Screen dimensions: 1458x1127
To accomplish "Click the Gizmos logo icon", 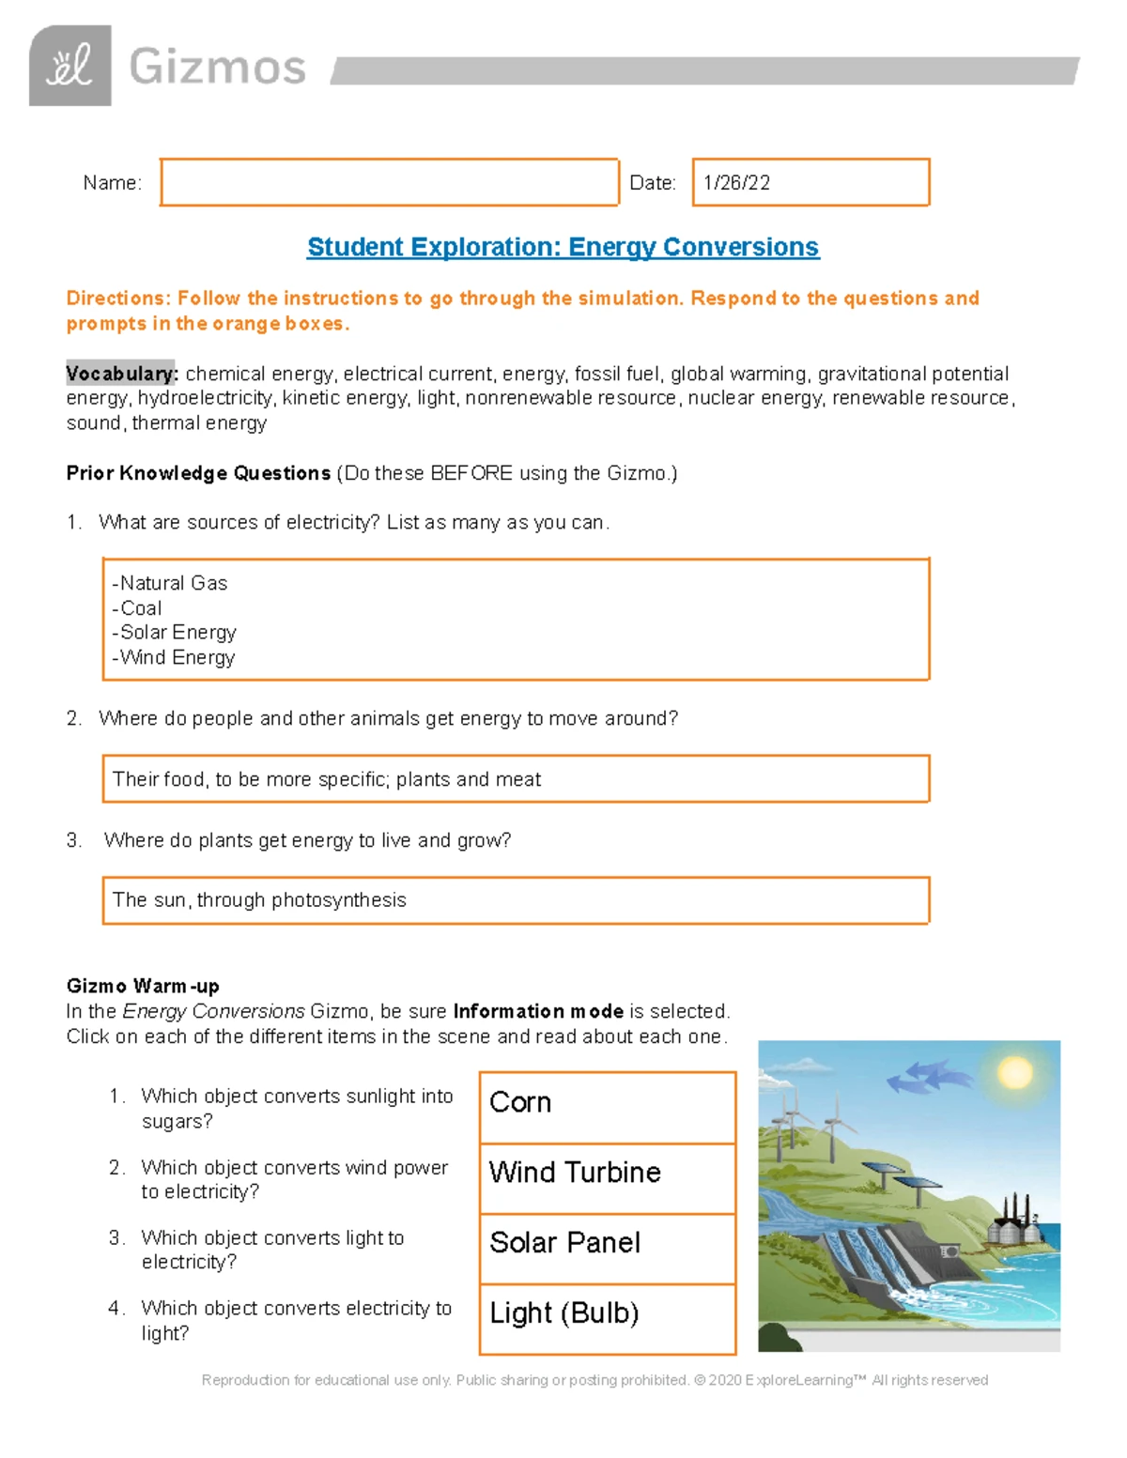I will click(x=70, y=66).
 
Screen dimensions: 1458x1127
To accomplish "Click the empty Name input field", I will click(x=389, y=182).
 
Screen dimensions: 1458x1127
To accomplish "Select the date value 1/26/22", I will click(x=737, y=183).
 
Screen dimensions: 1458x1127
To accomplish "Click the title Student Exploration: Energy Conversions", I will click(x=563, y=247).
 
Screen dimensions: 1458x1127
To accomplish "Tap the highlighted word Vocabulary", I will click(x=121, y=374).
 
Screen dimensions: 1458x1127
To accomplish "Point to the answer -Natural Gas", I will click(x=170, y=583).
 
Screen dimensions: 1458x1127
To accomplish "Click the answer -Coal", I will click(x=137, y=608).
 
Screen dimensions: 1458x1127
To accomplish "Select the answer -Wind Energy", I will click(x=174, y=658).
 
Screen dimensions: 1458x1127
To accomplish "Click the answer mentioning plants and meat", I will click(x=326, y=779).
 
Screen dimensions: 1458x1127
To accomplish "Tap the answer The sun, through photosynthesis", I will click(x=259, y=900).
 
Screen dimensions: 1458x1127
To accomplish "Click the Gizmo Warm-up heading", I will click(x=143, y=986).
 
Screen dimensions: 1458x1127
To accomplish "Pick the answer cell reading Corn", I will click(x=607, y=1108).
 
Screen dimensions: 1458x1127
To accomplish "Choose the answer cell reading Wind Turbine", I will click(x=607, y=1178).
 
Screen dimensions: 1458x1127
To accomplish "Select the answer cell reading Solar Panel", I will click(x=607, y=1249).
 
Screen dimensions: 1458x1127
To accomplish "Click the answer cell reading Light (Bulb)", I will click(x=607, y=1318).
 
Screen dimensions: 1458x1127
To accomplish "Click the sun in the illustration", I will click(x=1014, y=1071).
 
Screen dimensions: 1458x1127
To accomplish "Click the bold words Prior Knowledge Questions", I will click(x=198, y=473).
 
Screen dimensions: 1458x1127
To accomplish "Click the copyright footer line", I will click(x=594, y=1380).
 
